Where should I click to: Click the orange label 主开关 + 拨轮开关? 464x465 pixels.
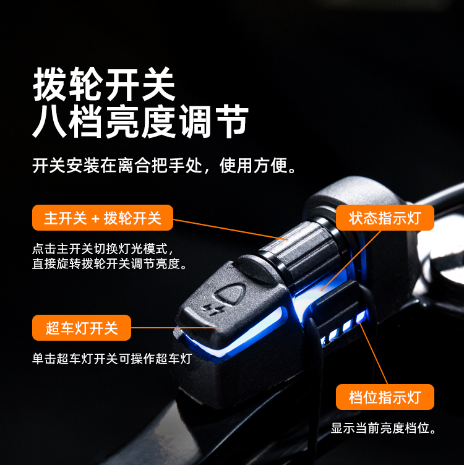pos(103,218)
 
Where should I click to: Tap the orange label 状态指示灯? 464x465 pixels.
pos(385,218)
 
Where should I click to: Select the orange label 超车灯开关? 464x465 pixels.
pos(82,328)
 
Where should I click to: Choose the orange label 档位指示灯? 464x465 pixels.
pos(385,397)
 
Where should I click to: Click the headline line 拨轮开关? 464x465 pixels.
pos(104,84)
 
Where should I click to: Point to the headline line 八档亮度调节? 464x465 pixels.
pos(140,122)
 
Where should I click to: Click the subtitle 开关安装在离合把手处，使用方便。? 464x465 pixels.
pos(164,166)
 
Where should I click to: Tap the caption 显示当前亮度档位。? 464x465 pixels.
pos(384,428)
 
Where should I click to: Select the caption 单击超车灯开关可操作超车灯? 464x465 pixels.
pos(112,359)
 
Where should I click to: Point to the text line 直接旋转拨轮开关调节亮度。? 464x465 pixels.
pos(110,263)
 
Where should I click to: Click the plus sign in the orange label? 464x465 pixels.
pos(95,219)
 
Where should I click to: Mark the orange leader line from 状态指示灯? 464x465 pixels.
pos(351,260)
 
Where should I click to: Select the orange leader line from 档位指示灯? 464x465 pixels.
pos(373,353)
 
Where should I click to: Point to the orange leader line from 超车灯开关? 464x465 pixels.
pos(175,328)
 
